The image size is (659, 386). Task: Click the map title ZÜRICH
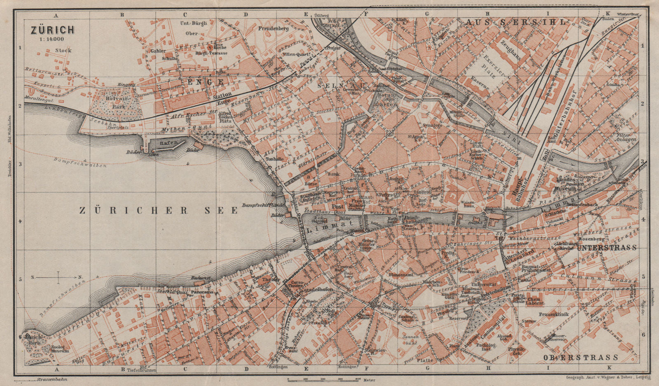tap(51, 30)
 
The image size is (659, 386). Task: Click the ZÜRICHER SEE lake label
tap(159, 211)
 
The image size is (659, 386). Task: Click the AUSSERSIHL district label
tap(517, 22)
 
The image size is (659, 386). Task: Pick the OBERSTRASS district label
tap(581, 357)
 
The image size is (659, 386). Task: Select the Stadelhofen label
tap(318, 290)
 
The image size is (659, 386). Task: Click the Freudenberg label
tap(273, 29)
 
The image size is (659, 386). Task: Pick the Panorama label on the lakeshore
tap(203, 292)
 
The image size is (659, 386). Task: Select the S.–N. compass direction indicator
tap(58, 277)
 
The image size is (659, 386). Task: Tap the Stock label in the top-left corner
tap(63, 50)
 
